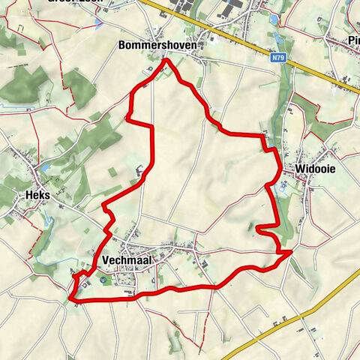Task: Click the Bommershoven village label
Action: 157,46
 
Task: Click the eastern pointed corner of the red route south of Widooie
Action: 291,254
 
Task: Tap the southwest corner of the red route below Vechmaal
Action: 70,299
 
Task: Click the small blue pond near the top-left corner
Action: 98,22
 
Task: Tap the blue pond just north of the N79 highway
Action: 279,34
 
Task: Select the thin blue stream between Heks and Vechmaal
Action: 49,220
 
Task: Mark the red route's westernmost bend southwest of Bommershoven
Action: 127,118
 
